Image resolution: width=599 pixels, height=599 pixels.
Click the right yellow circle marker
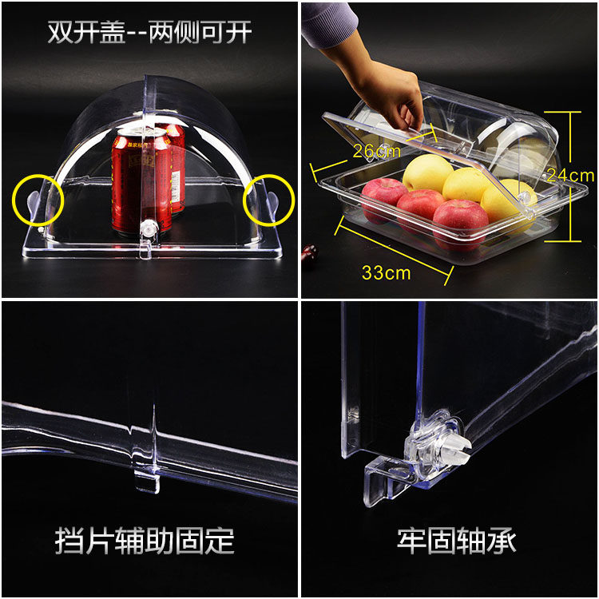pos(294,200)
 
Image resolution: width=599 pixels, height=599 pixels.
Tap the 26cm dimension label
pos(376,151)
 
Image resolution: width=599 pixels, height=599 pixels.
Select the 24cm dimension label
pos(571,176)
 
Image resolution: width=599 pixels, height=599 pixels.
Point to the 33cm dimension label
pos(387,273)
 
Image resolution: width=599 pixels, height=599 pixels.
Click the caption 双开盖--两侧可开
pos(149,32)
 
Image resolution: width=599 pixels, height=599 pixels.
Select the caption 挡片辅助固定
pos(145,541)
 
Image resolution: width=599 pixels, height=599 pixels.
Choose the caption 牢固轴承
pos(457,541)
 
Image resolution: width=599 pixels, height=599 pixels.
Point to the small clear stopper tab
pos(147,482)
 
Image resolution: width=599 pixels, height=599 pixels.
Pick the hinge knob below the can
pos(149,228)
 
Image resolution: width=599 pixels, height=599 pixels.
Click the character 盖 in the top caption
pos(113,32)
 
